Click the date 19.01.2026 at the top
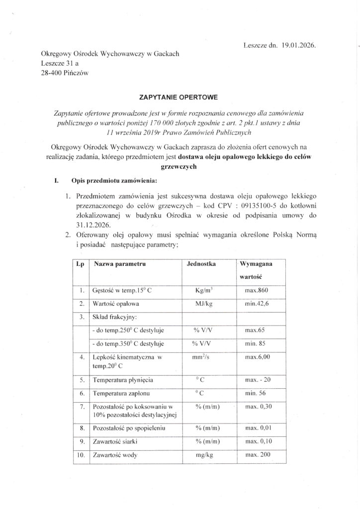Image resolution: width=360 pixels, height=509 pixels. (298, 45)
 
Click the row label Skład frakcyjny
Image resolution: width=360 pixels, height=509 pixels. (114, 316)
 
